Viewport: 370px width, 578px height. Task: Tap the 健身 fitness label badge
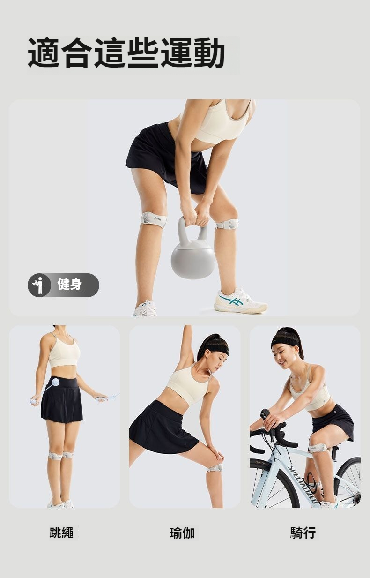[63, 285]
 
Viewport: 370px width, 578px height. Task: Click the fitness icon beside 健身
[39, 285]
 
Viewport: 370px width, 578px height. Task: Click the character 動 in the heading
[209, 53]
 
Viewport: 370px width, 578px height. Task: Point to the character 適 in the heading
[43, 53]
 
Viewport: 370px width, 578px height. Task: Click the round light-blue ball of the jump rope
[55, 382]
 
